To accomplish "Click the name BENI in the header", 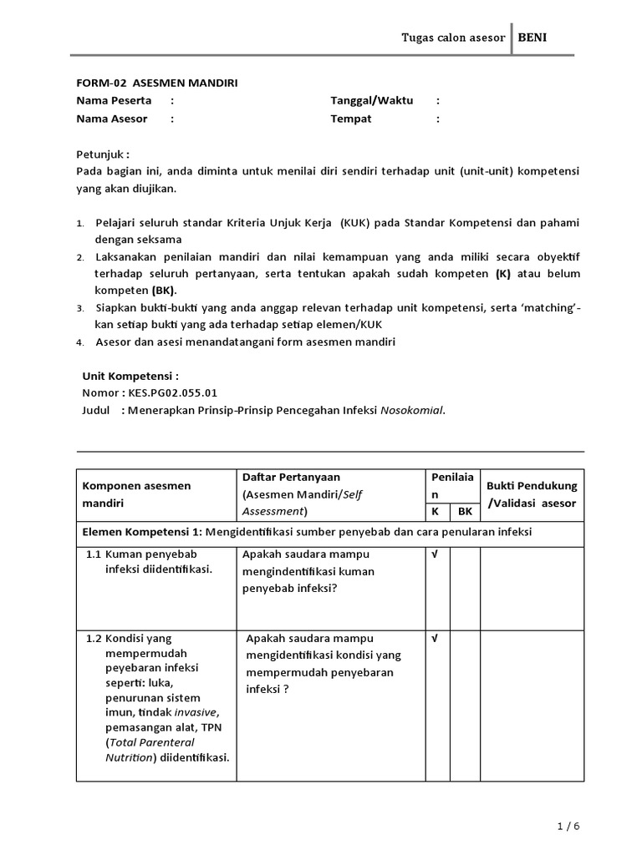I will (533, 37).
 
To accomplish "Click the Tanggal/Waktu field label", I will (371, 100).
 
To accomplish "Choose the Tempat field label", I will (351, 119).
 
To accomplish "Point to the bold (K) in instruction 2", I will (502, 274).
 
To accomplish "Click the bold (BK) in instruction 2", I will (164, 291).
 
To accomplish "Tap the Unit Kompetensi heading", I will (130, 377).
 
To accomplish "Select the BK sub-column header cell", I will (466, 512).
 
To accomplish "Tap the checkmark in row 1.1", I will (435, 554).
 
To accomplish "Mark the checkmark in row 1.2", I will (435, 639).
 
